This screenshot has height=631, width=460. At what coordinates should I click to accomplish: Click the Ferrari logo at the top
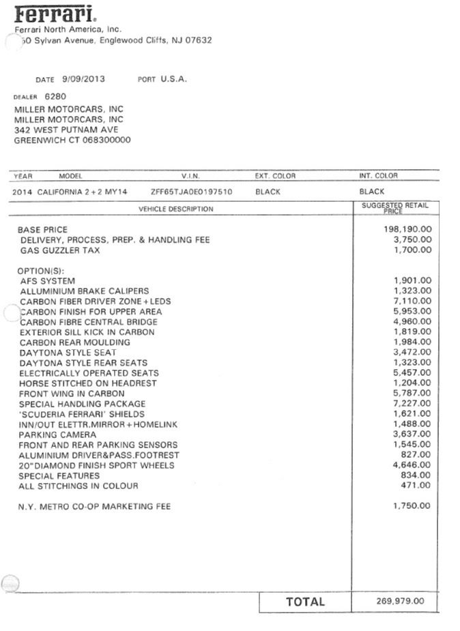pyautogui.click(x=55, y=13)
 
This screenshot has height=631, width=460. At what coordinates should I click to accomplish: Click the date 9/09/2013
pyautogui.click(x=83, y=79)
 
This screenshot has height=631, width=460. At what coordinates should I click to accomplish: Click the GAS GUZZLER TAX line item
pyautogui.click(x=60, y=250)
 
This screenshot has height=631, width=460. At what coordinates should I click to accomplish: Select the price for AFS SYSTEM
pyautogui.click(x=413, y=280)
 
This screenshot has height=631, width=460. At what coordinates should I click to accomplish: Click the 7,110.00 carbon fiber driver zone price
pyautogui.click(x=413, y=301)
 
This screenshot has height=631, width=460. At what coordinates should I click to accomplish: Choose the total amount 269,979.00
pyautogui.click(x=400, y=601)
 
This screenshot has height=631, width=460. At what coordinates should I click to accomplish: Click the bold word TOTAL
pyautogui.click(x=305, y=602)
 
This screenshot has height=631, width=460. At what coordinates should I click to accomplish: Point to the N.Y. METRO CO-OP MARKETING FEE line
pyautogui.click(x=94, y=507)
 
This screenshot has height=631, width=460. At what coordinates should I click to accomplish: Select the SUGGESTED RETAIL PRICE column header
pyautogui.click(x=395, y=207)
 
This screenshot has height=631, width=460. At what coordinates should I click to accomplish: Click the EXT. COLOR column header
pyautogui.click(x=275, y=176)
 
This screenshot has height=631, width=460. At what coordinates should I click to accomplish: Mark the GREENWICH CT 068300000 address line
pyautogui.click(x=72, y=141)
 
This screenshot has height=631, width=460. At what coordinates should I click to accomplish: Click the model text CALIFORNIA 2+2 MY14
pyautogui.click(x=87, y=192)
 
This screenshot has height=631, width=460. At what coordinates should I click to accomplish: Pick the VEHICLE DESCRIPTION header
pyautogui.click(x=176, y=209)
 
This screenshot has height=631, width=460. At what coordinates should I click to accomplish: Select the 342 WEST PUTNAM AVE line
pyautogui.click(x=66, y=130)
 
